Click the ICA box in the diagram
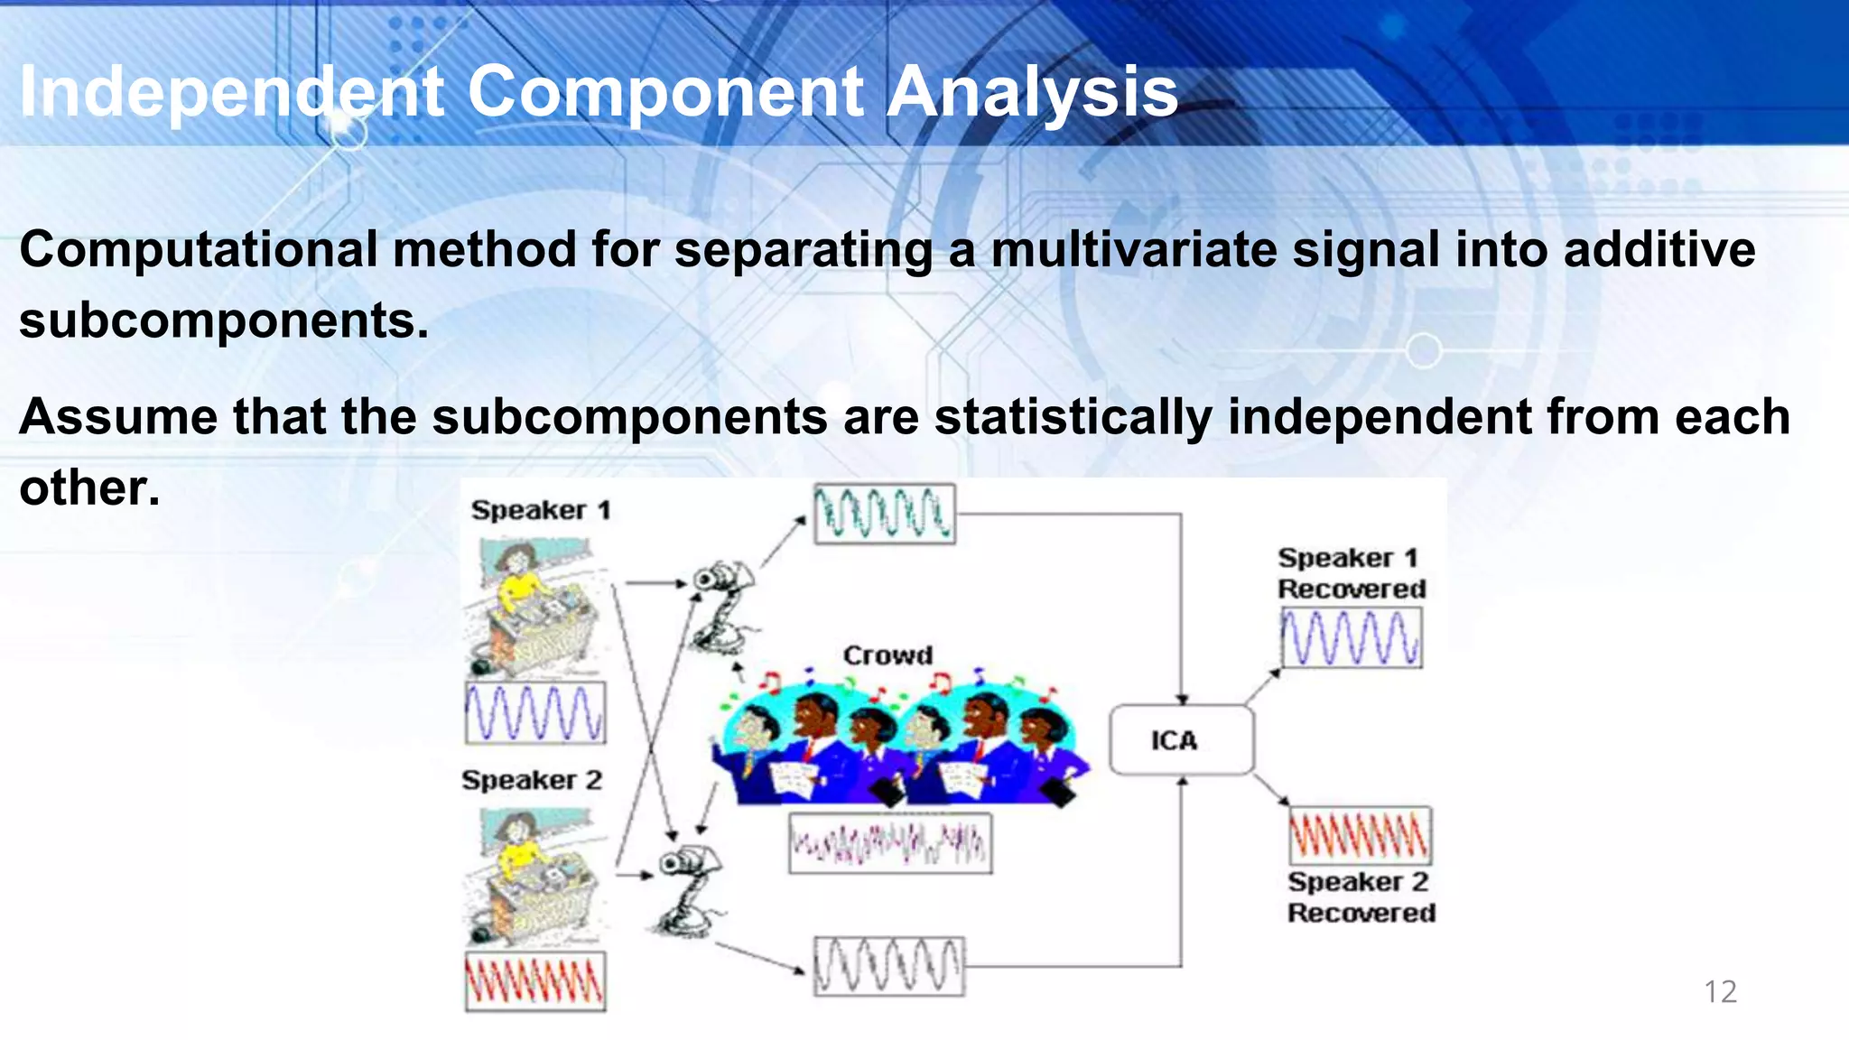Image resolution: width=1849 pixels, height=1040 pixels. pyautogui.click(x=1180, y=740)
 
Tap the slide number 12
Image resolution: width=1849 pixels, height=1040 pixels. pyautogui.click(x=1720, y=991)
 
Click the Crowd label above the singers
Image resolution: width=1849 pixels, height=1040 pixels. pyautogui.click(x=887, y=655)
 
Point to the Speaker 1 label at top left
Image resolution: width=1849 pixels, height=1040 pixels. pyautogui.click(x=541, y=510)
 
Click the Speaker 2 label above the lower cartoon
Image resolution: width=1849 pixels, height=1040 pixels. pyautogui.click(x=532, y=780)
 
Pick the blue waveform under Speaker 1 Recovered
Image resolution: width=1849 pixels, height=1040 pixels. pyautogui.click(x=1352, y=638)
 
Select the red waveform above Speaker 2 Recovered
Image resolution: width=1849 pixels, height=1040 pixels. pyautogui.click(x=1360, y=835)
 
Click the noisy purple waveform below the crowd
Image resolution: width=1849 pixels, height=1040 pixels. pyautogui.click(x=890, y=843)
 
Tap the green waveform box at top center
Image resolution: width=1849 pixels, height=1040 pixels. pyautogui.click(x=884, y=514)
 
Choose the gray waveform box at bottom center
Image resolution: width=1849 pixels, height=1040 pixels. pyautogui.click(x=888, y=966)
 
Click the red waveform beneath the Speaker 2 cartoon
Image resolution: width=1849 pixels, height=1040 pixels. pyautogui.click(x=535, y=981)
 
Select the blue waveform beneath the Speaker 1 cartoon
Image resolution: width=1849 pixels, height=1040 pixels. pyautogui.click(x=535, y=713)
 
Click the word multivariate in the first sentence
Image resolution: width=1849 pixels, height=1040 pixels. pyautogui.click(x=1133, y=249)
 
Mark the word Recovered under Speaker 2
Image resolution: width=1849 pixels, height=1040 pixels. pyautogui.click(x=1361, y=913)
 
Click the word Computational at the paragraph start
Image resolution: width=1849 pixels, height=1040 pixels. pyautogui.click(x=198, y=249)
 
